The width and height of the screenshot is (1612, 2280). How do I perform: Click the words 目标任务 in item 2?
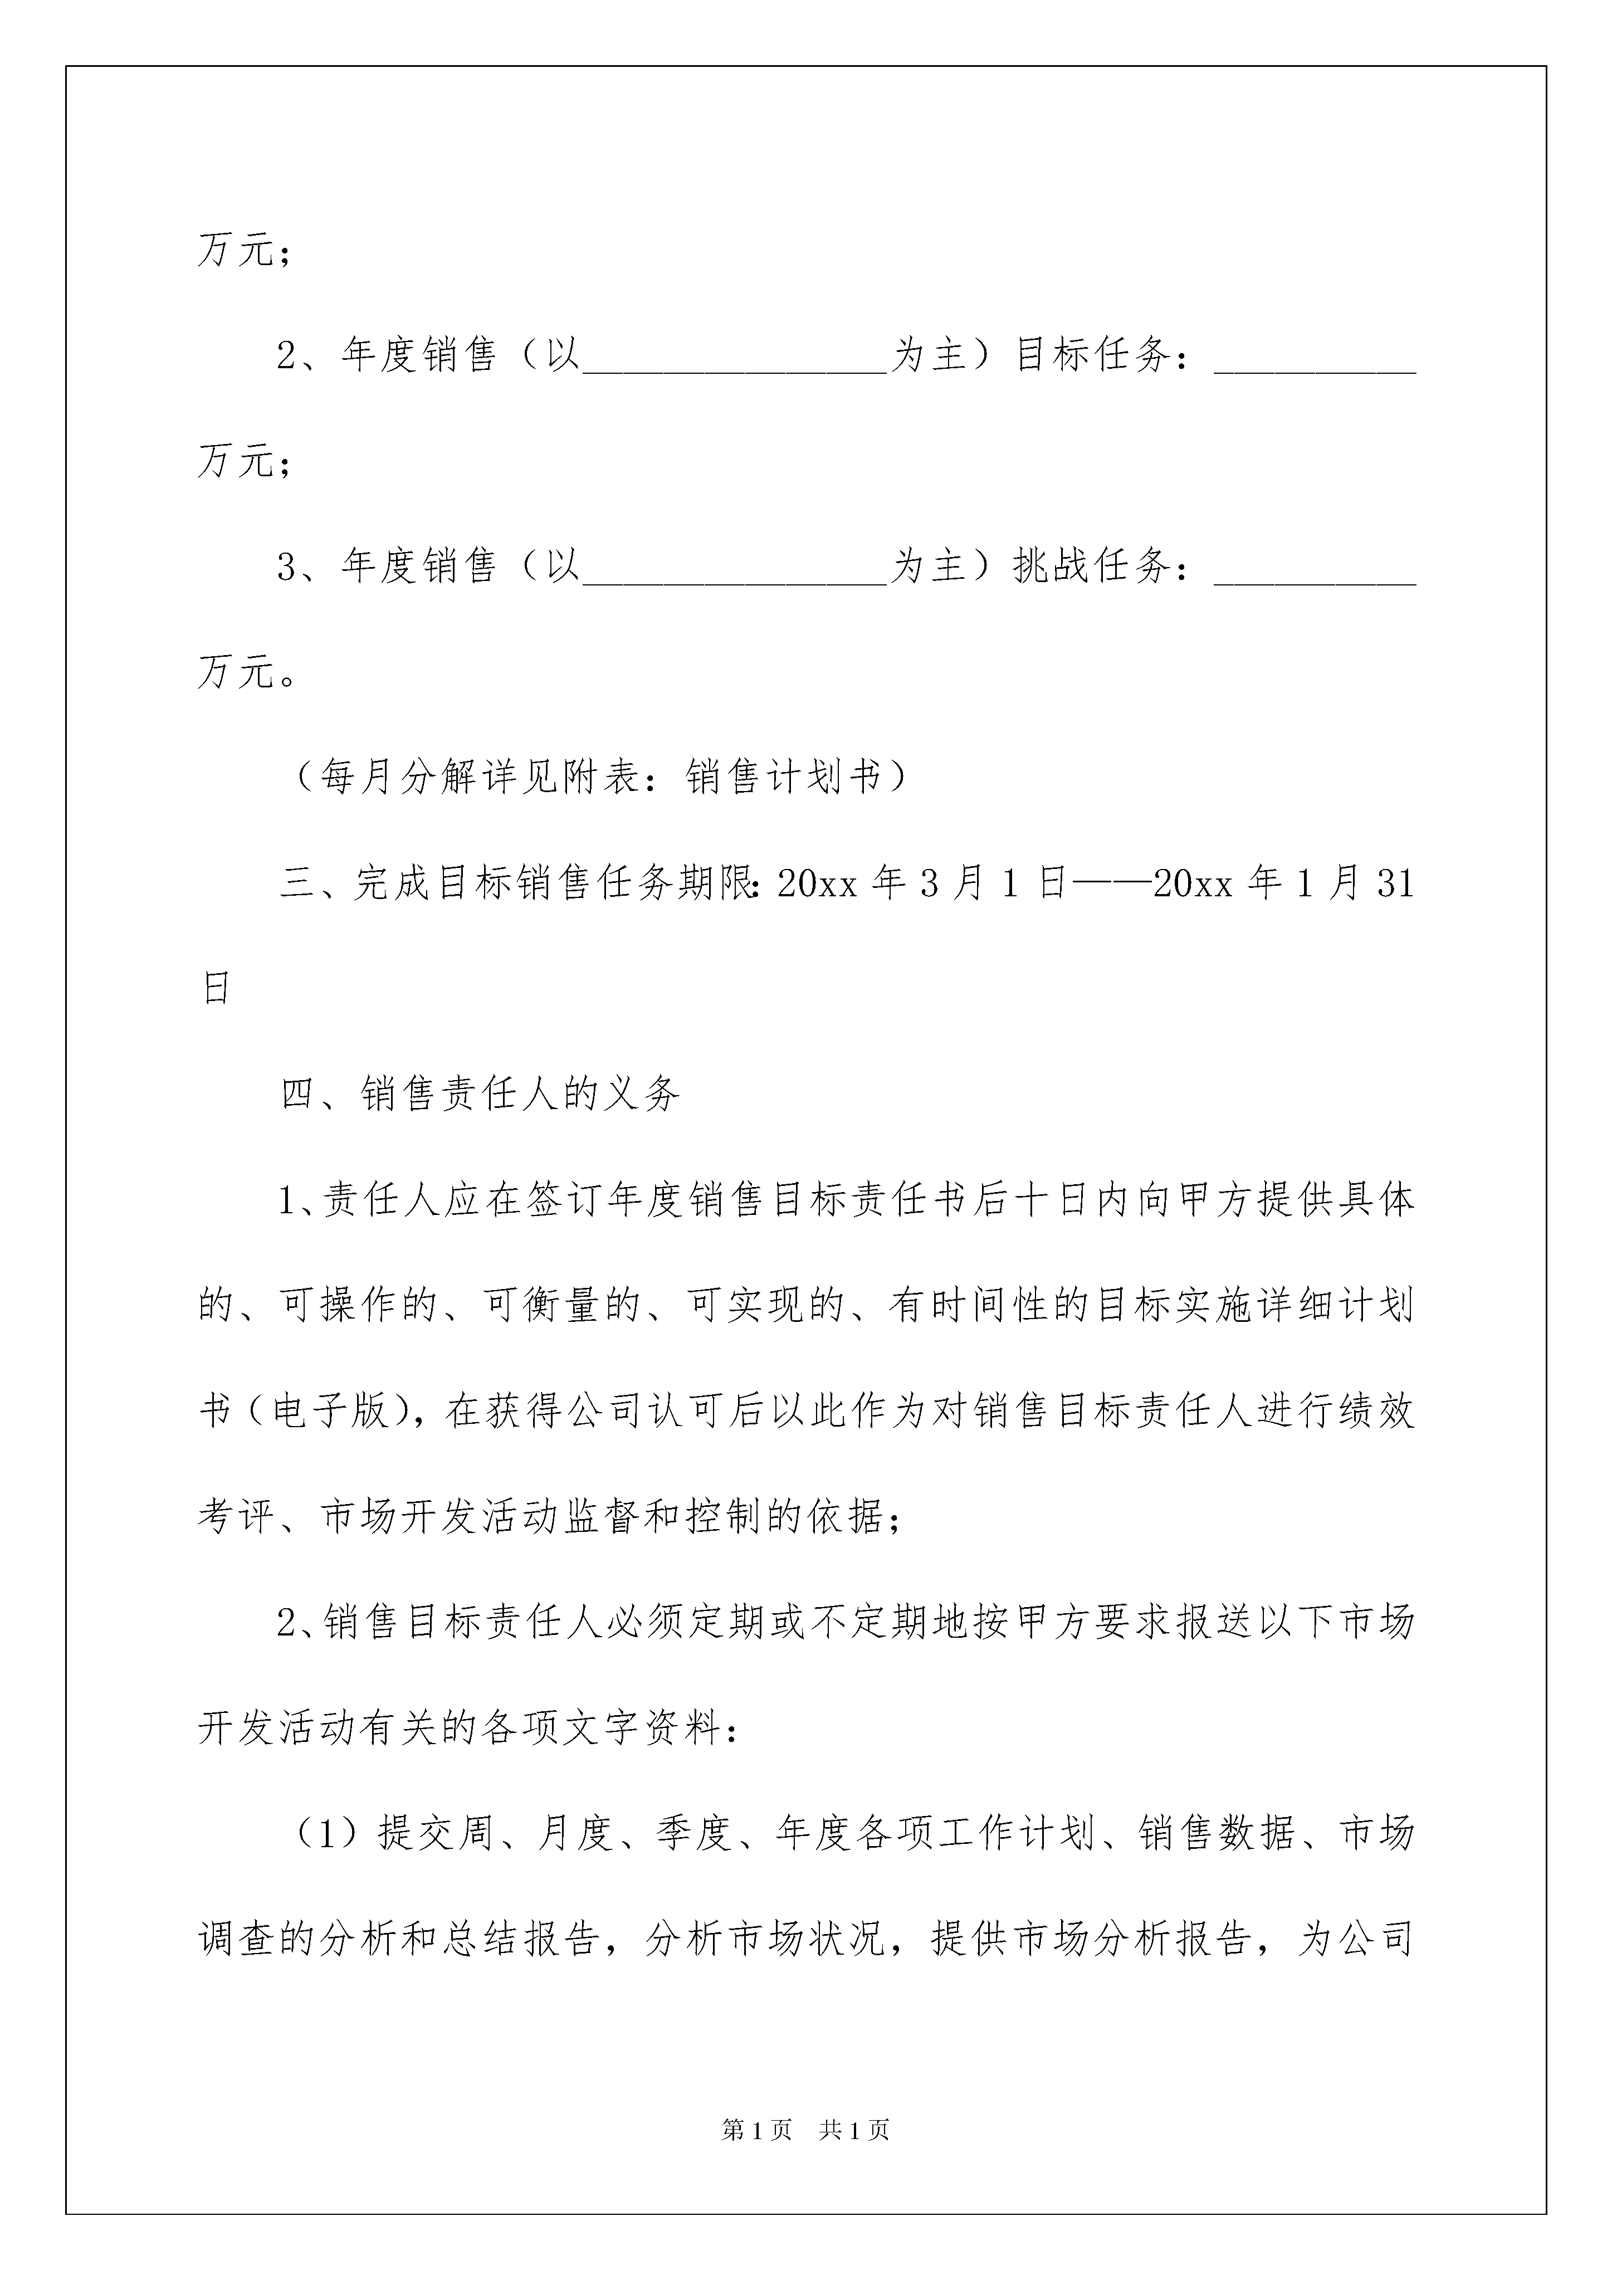coord(1092,354)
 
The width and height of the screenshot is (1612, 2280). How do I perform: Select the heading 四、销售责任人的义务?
coord(481,1094)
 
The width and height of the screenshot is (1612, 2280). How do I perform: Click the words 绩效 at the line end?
coord(1376,1411)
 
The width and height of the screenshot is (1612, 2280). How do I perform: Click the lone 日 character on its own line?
coord(217,988)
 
